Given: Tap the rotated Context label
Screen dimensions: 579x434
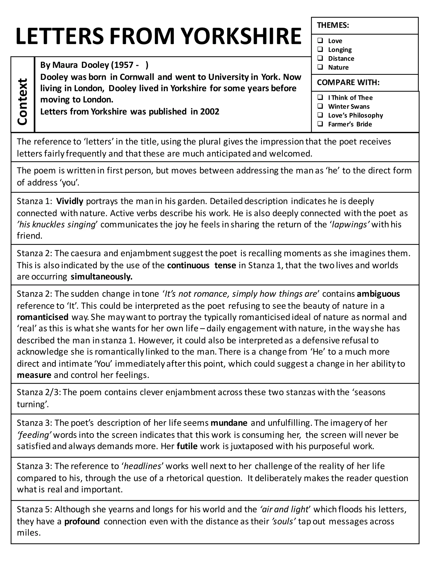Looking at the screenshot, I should coord(22,102).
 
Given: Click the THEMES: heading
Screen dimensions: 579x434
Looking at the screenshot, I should coord(333,25).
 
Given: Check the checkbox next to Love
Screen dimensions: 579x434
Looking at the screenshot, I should coord(320,40).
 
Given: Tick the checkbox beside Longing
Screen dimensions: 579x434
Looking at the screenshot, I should coord(320,49).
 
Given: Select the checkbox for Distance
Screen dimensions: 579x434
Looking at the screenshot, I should coord(320,58).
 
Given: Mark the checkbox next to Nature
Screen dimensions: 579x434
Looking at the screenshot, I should coord(320,67).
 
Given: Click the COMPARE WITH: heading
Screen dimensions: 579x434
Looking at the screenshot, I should coord(348,82).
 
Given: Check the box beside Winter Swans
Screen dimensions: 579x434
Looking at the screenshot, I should coord(320,106).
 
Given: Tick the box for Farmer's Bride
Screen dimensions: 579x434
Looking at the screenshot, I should coord(320,124).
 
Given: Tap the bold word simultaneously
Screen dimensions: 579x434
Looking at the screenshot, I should coord(101,277).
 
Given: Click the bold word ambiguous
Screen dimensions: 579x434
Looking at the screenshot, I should coord(378,294).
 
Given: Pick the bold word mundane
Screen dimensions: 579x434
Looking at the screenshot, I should coord(229,423).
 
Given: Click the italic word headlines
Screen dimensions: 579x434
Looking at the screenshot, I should coord(143,466).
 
